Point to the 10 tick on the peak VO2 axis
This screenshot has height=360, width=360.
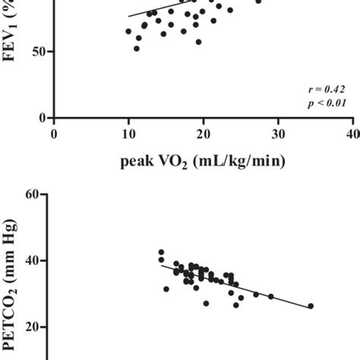[x=128, y=134]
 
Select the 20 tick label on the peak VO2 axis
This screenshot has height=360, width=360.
[x=203, y=134]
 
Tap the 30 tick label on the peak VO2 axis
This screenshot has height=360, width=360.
[x=277, y=134]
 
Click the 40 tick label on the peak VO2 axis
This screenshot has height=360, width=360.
[x=352, y=134]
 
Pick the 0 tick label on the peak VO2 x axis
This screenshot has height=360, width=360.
[x=54, y=134]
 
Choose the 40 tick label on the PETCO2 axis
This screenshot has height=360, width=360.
[x=30, y=261]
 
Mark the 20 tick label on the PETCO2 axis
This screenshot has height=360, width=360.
[x=30, y=327]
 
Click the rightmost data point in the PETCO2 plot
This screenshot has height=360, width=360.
[x=311, y=306]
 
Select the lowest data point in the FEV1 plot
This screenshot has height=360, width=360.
[x=137, y=49]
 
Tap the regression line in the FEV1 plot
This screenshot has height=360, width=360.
[x=152, y=8]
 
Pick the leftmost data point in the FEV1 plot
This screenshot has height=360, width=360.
[x=128, y=32]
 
